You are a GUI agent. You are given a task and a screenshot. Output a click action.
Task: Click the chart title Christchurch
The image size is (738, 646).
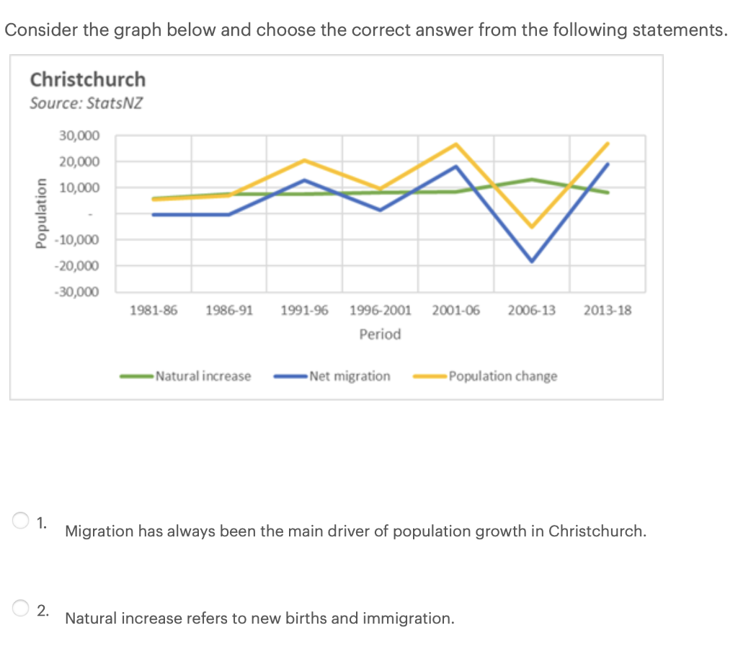(87, 79)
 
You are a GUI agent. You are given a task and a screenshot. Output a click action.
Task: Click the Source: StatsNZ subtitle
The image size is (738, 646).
(86, 103)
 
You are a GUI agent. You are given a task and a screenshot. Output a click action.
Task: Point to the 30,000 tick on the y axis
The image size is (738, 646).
(80, 136)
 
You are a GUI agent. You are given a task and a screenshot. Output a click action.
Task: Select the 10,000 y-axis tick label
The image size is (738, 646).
(80, 187)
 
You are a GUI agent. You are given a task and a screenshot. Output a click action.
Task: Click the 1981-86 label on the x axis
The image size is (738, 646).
(153, 311)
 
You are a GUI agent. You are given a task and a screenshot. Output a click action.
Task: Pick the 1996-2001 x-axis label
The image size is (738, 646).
(380, 311)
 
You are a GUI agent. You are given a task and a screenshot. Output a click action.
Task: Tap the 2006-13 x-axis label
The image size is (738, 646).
(531, 311)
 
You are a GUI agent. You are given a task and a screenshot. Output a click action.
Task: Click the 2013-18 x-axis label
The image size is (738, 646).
(608, 311)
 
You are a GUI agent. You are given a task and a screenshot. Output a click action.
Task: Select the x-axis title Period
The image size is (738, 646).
(380, 335)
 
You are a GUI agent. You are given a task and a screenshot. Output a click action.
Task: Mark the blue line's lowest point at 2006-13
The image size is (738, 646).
(532, 261)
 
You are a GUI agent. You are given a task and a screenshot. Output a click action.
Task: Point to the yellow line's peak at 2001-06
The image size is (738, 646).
(455, 144)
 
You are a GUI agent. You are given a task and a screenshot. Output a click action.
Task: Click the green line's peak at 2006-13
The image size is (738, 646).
(532, 180)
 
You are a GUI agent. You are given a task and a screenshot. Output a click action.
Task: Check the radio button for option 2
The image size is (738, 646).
(20, 609)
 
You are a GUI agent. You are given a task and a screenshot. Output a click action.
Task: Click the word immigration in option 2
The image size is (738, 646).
(408, 619)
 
